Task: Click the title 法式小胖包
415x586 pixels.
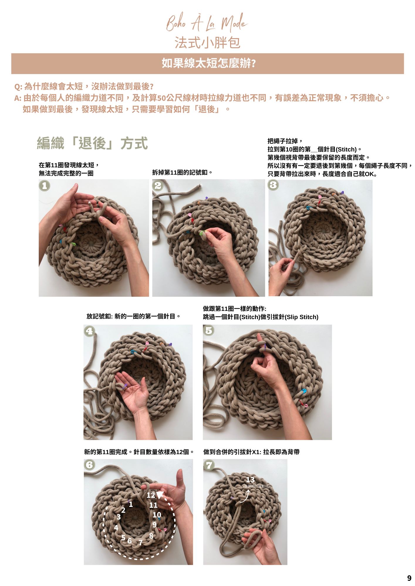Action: tap(207, 43)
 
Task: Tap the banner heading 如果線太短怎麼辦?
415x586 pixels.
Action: tap(209, 63)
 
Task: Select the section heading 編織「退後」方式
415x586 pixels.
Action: tap(92, 143)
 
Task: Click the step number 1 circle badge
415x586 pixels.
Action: tap(45, 185)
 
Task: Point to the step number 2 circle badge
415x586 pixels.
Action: tap(158, 185)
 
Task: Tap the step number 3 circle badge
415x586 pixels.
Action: tap(273, 185)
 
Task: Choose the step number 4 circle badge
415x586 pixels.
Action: tap(90, 331)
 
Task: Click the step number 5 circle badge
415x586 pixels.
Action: tap(209, 331)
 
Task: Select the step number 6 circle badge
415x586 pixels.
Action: tap(90, 465)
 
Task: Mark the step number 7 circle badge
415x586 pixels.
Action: tap(209, 465)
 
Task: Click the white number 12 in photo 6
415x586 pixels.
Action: tap(151, 495)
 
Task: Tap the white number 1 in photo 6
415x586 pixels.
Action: tap(131, 504)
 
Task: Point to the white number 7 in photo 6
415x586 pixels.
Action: tap(141, 543)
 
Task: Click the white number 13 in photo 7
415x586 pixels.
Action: tap(250, 480)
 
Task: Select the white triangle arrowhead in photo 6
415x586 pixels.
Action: tap(160, 495)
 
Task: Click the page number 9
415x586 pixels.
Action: tap(409, 578)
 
